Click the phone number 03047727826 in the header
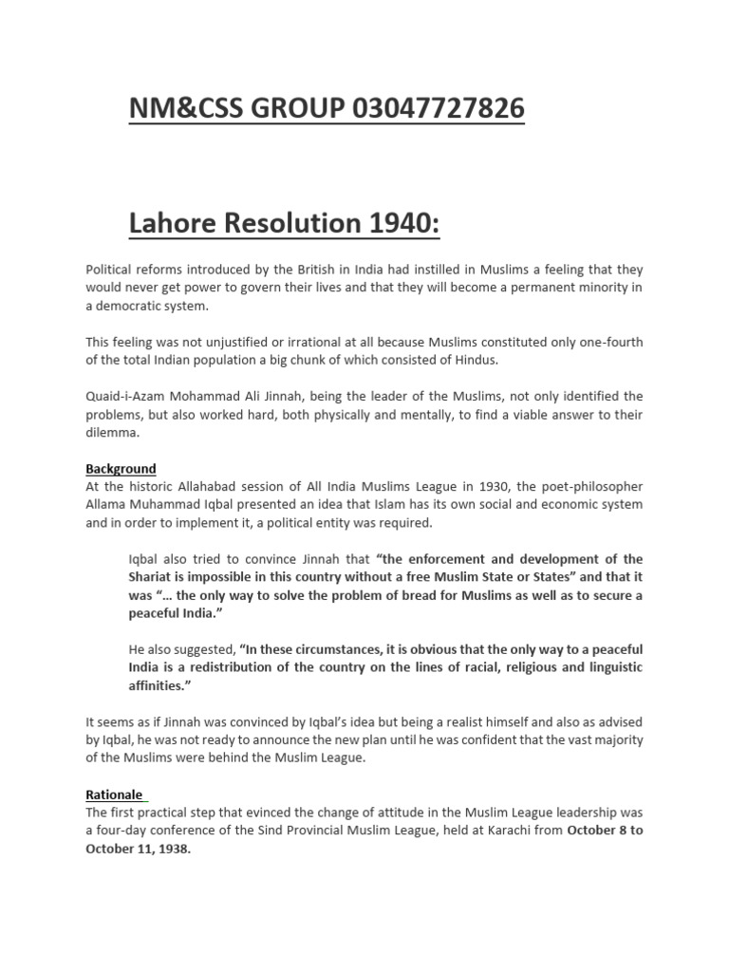click(439, 110)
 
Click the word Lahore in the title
click(179, 224)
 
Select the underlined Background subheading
click(121, 469)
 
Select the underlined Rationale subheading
click(114, 794)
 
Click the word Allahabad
click(223, 486)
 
